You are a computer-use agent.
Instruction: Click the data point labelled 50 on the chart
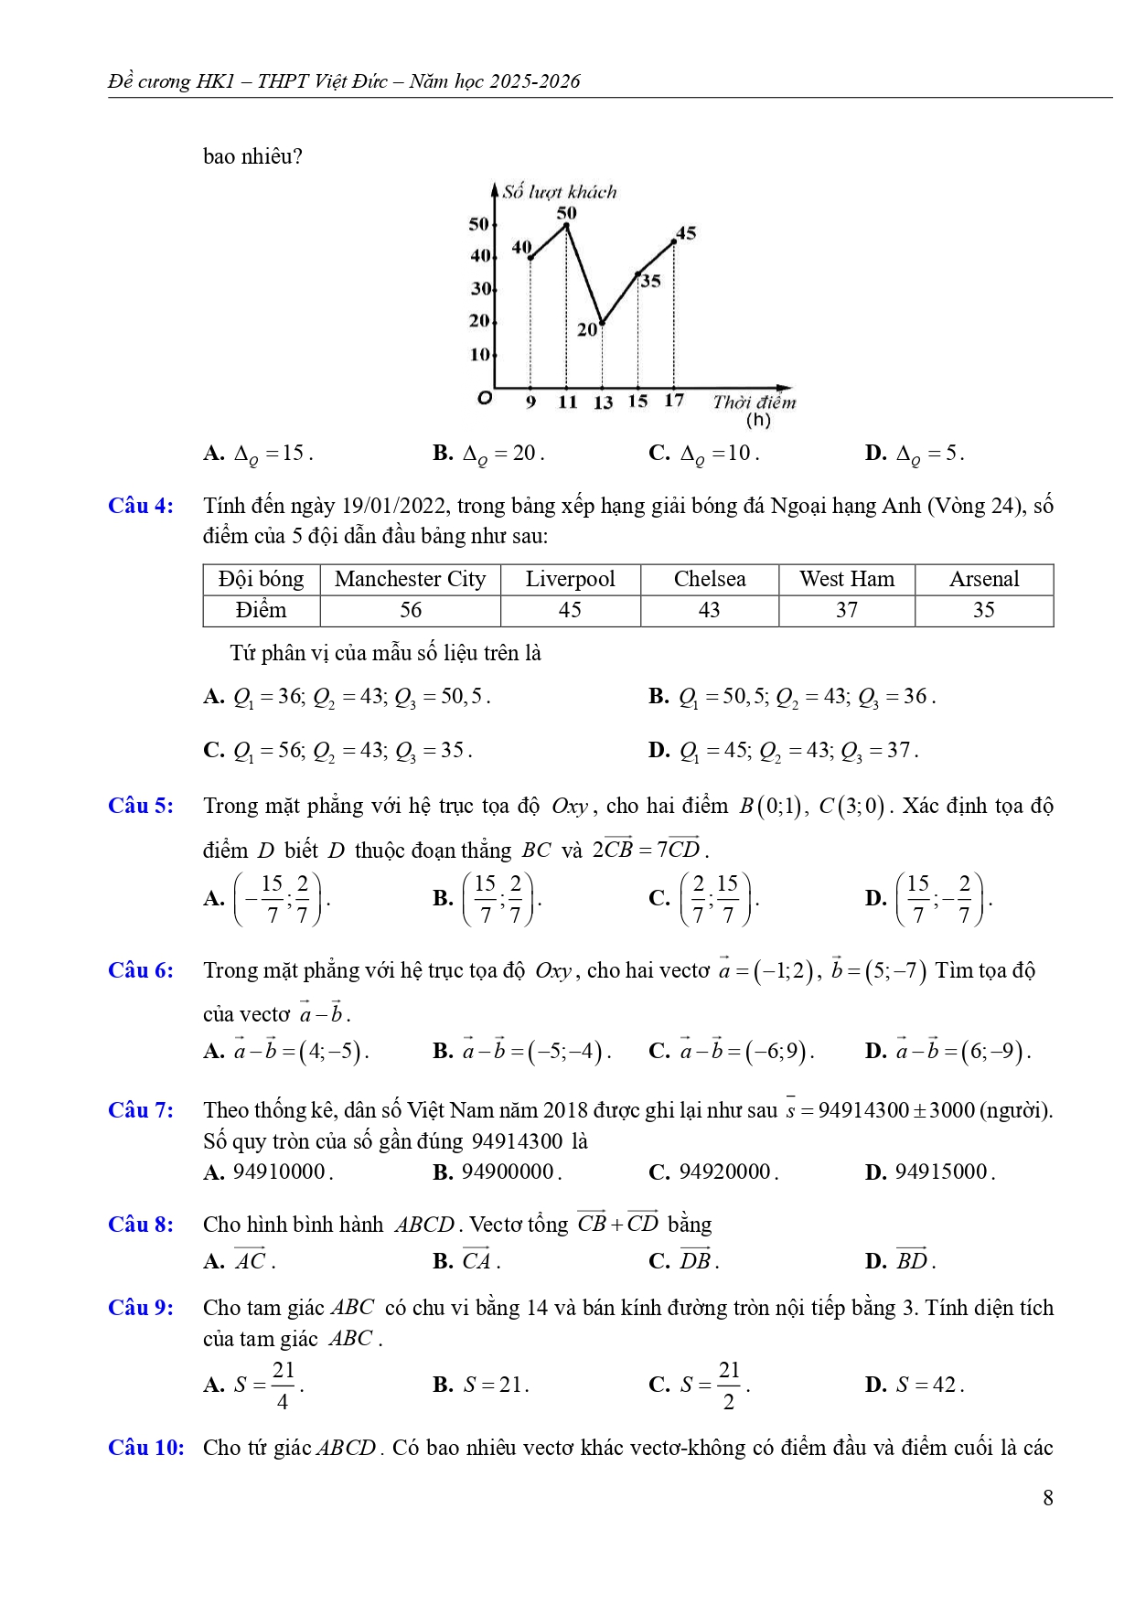[566, 225]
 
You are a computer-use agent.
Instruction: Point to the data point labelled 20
[602, 323]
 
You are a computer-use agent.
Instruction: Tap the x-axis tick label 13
[603, 402]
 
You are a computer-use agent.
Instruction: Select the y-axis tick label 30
[480, 289]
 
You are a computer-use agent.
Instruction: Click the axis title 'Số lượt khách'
[559, 192]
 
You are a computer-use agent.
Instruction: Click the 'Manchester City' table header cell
[410, 579]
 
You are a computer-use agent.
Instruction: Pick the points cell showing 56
[411, 610]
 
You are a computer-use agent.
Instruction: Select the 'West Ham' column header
[847, 579]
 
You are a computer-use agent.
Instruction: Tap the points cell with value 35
[983, 610]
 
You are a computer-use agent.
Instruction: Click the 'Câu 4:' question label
[141, 506]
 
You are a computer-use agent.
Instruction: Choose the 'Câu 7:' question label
[141, 1110]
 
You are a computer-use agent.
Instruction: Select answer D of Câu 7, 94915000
[929, 1172]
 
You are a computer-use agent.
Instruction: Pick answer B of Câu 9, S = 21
[481, 1385]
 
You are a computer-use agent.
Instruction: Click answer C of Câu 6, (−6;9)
[732, 1051]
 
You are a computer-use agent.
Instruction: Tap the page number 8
[1047, 1497]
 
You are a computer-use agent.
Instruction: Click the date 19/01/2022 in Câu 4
[394, 506]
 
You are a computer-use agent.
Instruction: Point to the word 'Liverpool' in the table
[570, 579]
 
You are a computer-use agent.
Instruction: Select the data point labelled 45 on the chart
[674, 241]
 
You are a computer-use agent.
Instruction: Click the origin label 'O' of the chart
[485, 398]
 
